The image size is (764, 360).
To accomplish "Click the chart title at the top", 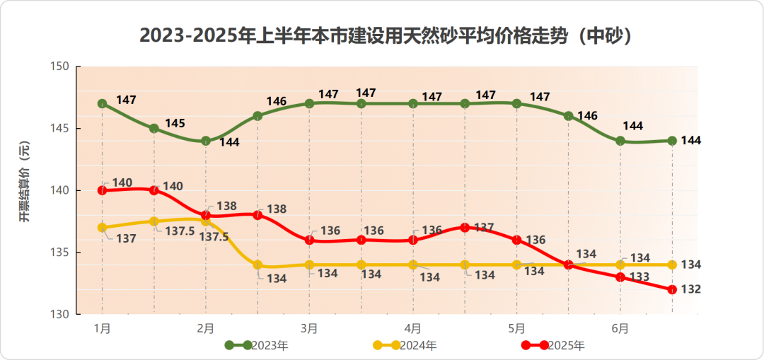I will click(x=385, y=35).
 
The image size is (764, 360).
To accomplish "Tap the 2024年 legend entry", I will click(x=405, y=345).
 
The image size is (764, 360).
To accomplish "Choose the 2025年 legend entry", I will click(x=553, y=345).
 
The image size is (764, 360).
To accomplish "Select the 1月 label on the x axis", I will click(x=103, y=328).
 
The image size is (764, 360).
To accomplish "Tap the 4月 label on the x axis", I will click(x=413, y=328).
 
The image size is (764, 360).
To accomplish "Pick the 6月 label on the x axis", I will click(x=620, y=328).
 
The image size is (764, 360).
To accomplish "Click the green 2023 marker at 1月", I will click(x=103, y=103).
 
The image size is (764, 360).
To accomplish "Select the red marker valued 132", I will click(x=672, y=289).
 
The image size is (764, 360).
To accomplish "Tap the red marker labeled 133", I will click(x=620, y=277).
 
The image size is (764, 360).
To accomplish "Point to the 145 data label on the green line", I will click(x=175, y=123).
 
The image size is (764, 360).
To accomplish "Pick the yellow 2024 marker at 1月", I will click(x=103, y=228).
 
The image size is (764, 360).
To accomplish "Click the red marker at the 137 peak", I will click(x=465, y=228).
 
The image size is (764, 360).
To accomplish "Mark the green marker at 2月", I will click(x=206, y=141).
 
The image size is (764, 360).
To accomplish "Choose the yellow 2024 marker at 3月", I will click(x=309, y=265).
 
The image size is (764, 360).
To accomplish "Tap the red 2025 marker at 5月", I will click(x=516, y=240).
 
